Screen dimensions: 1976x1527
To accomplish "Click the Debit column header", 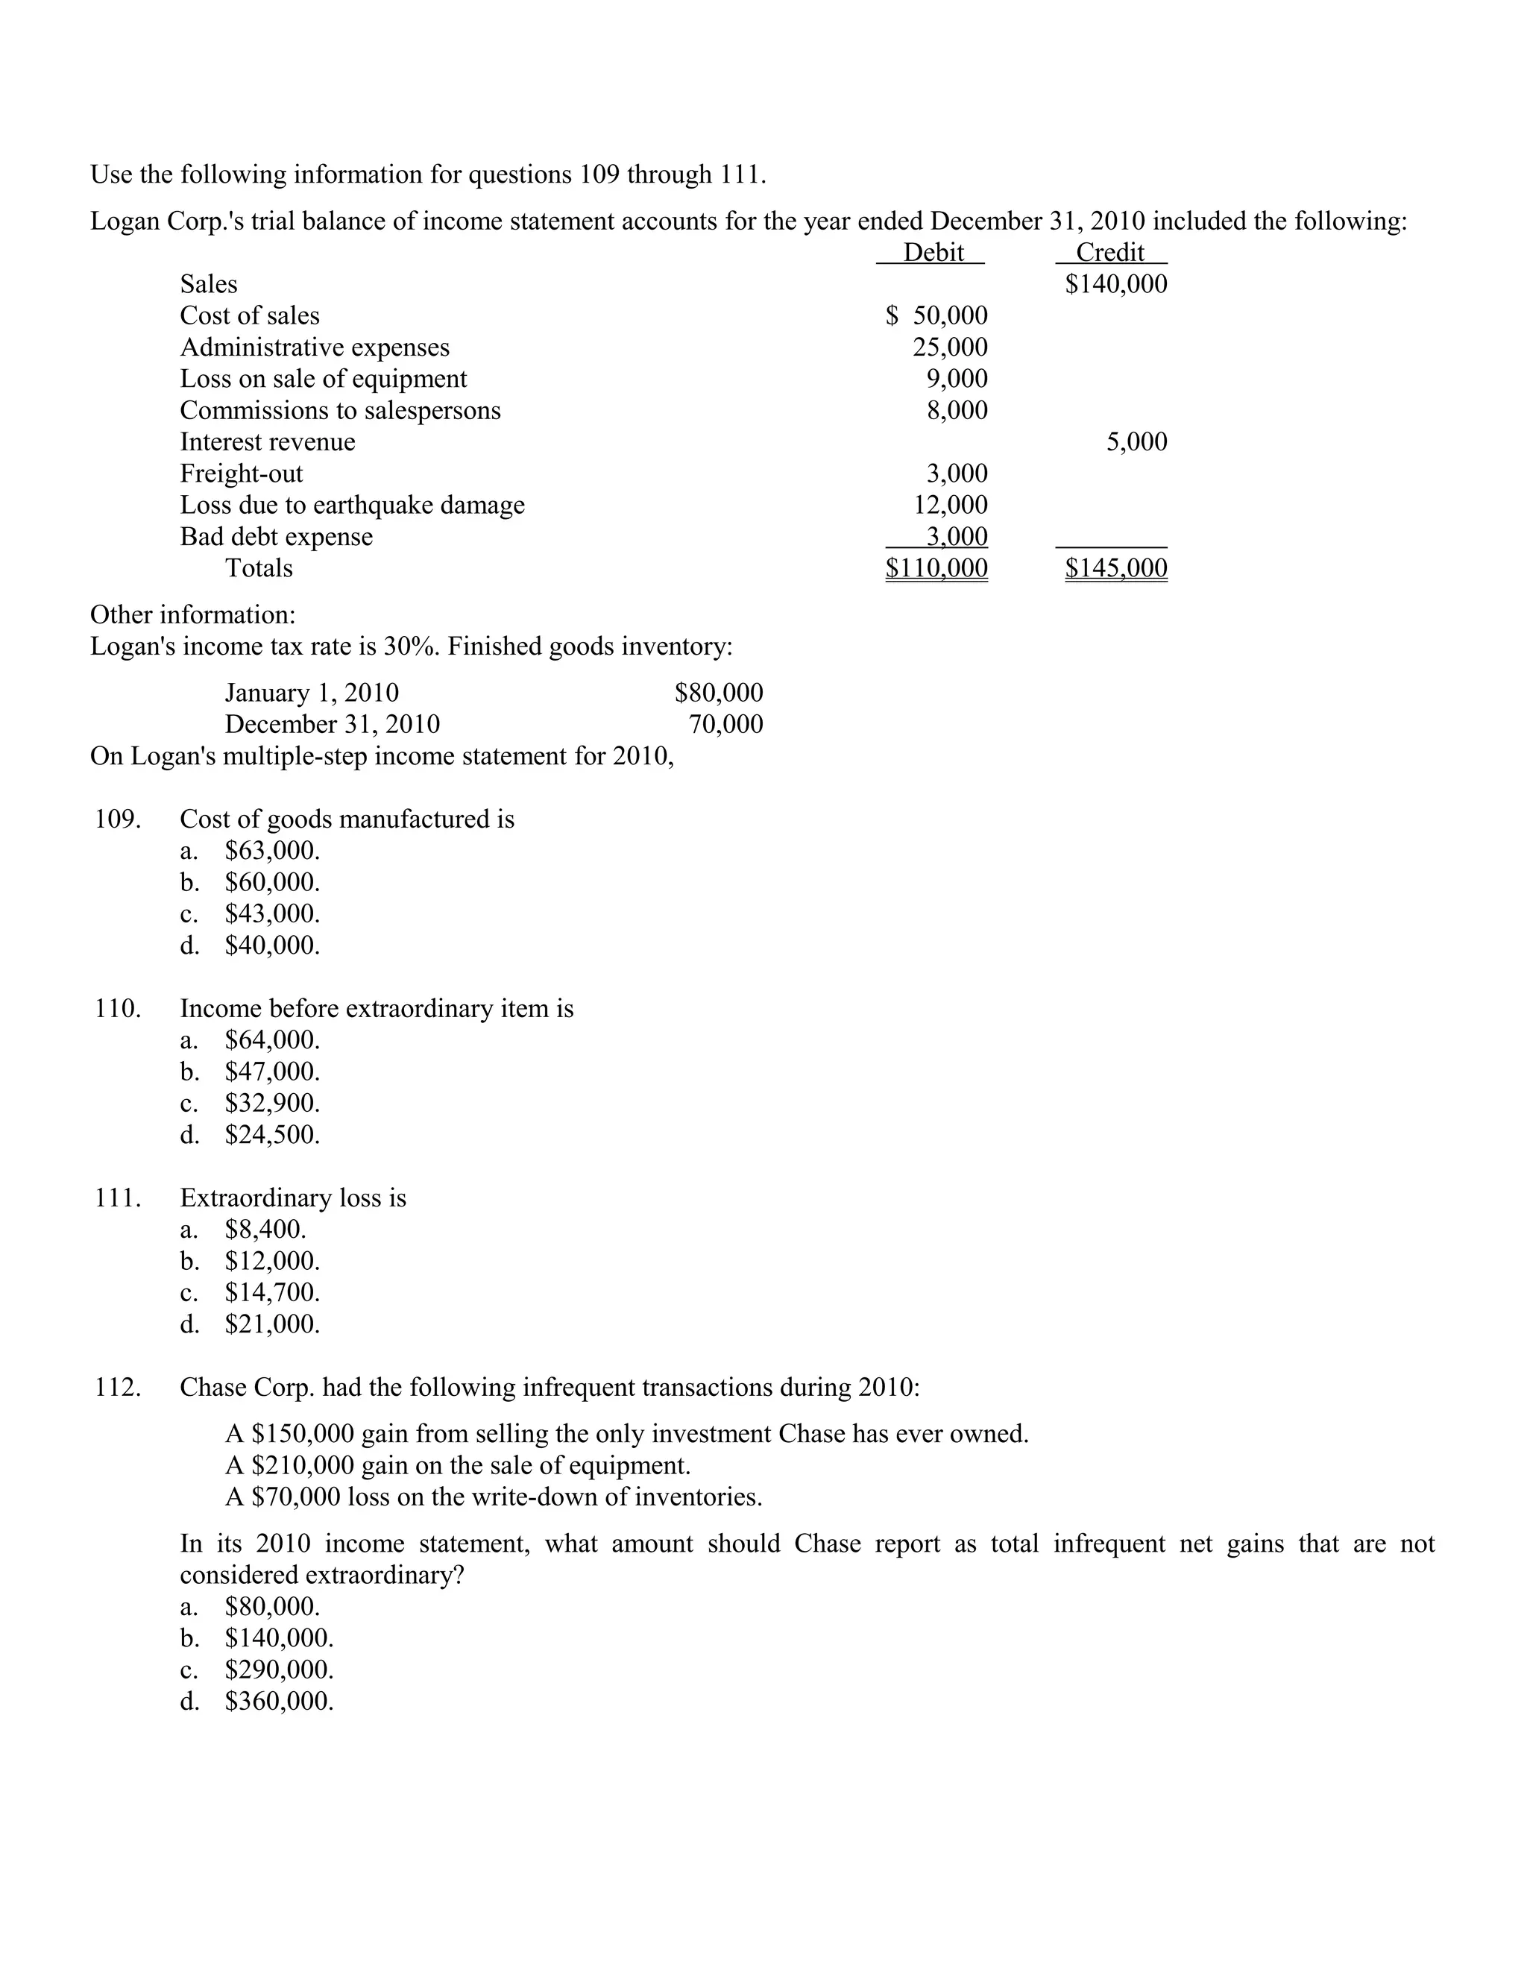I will pyautogui.click(x=933, y=253).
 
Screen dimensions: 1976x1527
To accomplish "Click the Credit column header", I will pyautogui.click(x=1110, y=253).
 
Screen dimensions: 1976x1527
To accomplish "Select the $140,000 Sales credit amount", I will pyautogui.click(x=1115, y=284).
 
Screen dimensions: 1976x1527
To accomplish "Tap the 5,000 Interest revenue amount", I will pyautogui.click(x=1136, y=441).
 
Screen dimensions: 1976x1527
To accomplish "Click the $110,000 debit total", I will pyautogui.click(x=936, y=568).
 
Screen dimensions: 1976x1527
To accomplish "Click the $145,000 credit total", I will pyautogui.click(x=1115, y=568).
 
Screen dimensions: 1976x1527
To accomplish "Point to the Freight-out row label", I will pyautogui.click(x=242, y=473).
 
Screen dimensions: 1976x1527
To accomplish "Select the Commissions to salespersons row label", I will pyautogui.click(x=340, y=410).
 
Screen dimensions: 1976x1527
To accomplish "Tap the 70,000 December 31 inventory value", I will pyautogui.click(x=725, y=724).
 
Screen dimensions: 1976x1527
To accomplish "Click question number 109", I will pyautogui.click(x=118, y=819).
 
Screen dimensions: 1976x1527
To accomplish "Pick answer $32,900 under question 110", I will pyautogui.click(x=271, y=1103).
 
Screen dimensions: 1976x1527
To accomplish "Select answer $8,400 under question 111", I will pyautogui.click(x=265, y=1230).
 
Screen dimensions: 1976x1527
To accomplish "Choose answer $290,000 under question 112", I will pyautogui.click(x=279, y=1670).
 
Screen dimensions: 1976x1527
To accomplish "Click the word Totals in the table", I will pyautogui.click(x=259, y=568).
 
